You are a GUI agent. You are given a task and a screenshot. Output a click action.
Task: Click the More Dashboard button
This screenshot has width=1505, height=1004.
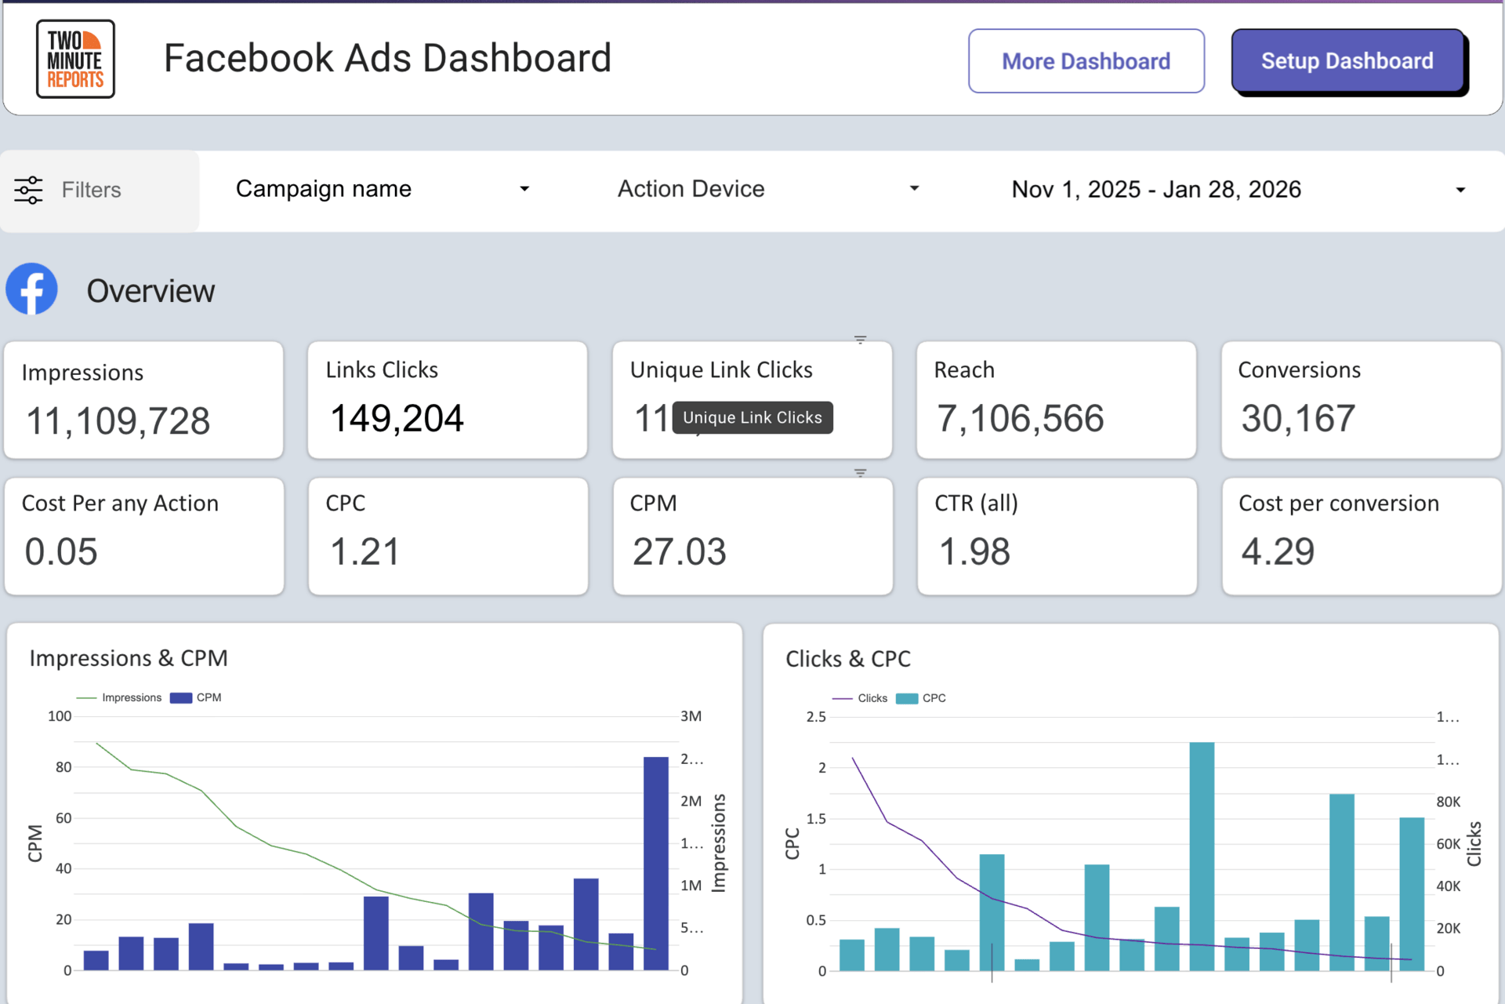coord(1086,61)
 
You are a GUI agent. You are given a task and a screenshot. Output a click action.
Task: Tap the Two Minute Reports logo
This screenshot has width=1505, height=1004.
coord(75,60)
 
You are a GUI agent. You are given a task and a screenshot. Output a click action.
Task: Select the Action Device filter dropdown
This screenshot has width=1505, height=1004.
coord(768,189)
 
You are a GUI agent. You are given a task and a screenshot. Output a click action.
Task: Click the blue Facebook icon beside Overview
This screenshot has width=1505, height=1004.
coord(32,289)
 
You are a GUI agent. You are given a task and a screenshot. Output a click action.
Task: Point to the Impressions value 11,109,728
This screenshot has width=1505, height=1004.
coord(118,421)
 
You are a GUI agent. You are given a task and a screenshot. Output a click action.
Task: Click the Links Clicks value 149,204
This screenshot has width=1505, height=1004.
coord(397,418)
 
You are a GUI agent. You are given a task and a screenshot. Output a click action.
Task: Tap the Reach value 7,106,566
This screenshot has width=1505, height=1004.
coord(1020,418)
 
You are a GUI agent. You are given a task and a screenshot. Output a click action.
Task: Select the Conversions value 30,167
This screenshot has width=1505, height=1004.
coord(1298,418)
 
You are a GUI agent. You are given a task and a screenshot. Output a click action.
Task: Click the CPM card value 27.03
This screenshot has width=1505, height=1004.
coord(680,551)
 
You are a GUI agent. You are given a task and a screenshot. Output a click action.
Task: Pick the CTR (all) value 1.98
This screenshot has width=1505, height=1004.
coord(974,551)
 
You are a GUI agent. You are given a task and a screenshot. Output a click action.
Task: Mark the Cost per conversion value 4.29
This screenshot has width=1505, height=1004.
coord(1278,551)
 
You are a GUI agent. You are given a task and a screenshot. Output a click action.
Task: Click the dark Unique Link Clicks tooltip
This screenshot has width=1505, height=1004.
coord(752,417)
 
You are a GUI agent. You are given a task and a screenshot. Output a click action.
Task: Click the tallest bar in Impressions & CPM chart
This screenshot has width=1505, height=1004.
coord(656,863)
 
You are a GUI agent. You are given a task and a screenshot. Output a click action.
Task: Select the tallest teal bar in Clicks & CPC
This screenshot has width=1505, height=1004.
coord(1202,855)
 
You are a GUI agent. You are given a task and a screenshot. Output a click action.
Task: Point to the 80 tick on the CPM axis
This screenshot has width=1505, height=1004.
coord(63,767)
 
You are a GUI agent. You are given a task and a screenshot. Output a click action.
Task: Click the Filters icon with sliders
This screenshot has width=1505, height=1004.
coord(29,190)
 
